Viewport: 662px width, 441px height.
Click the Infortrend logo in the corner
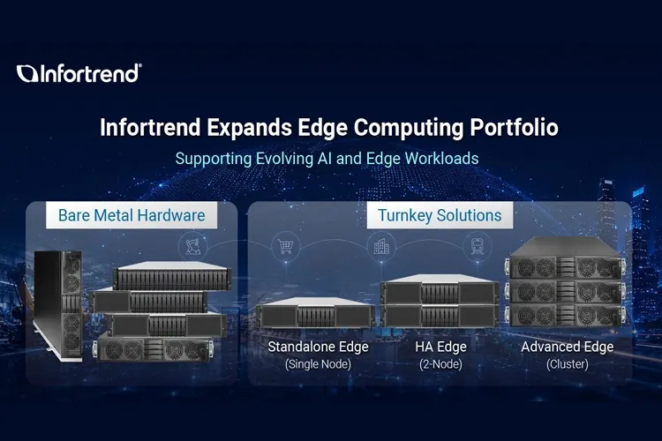coord(79,73)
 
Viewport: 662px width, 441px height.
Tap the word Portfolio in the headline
coord(514,127)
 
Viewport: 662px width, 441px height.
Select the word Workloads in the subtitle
coord(441,159)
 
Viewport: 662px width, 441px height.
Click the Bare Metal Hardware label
coord(132,215)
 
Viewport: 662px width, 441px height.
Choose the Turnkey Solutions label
coord(440,215)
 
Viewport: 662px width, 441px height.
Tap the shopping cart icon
coord(285,246)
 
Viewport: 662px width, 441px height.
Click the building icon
coord(381,246)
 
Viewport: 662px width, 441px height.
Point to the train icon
coord(477,246)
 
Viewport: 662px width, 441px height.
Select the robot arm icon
coord(192,246)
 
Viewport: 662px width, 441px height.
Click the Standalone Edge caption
coord(318,347)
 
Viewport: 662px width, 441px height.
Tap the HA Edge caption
coord(440,347)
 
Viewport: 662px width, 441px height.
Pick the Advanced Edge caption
coord(568,347)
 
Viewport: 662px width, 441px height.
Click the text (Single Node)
coord(318,364)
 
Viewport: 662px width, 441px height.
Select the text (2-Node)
coord(440,364)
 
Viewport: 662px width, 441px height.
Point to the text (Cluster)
coord(568,364)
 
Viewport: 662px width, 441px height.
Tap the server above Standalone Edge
coord(316,313)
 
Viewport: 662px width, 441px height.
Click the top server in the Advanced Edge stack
coord(566,258)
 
